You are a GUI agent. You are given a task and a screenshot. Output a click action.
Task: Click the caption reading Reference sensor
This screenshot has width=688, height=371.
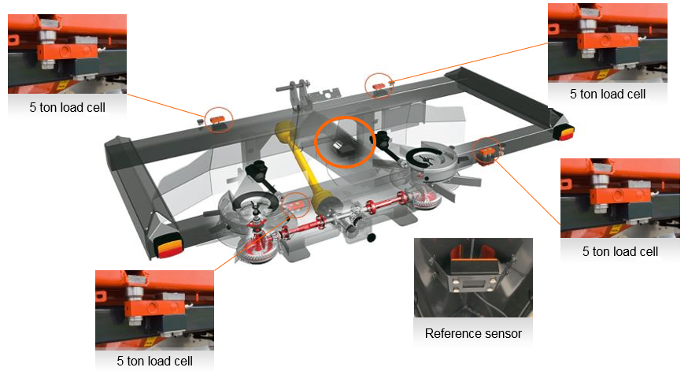tap(472, 333)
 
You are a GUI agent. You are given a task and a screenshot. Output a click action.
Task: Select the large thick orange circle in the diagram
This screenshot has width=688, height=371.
tap(346, 140)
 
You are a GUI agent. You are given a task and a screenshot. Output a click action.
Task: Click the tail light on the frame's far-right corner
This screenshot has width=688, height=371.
tap(565, 132)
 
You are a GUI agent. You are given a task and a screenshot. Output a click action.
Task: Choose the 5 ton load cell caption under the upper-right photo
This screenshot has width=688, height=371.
tap(607, 93)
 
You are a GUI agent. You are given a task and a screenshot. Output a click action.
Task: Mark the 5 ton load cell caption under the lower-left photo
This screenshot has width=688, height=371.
tap(154, 361)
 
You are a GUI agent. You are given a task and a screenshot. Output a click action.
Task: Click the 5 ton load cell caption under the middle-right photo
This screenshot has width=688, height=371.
tap(620, 251)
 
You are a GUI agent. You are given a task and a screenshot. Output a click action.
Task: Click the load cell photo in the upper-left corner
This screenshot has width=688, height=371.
tap(67, 49)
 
